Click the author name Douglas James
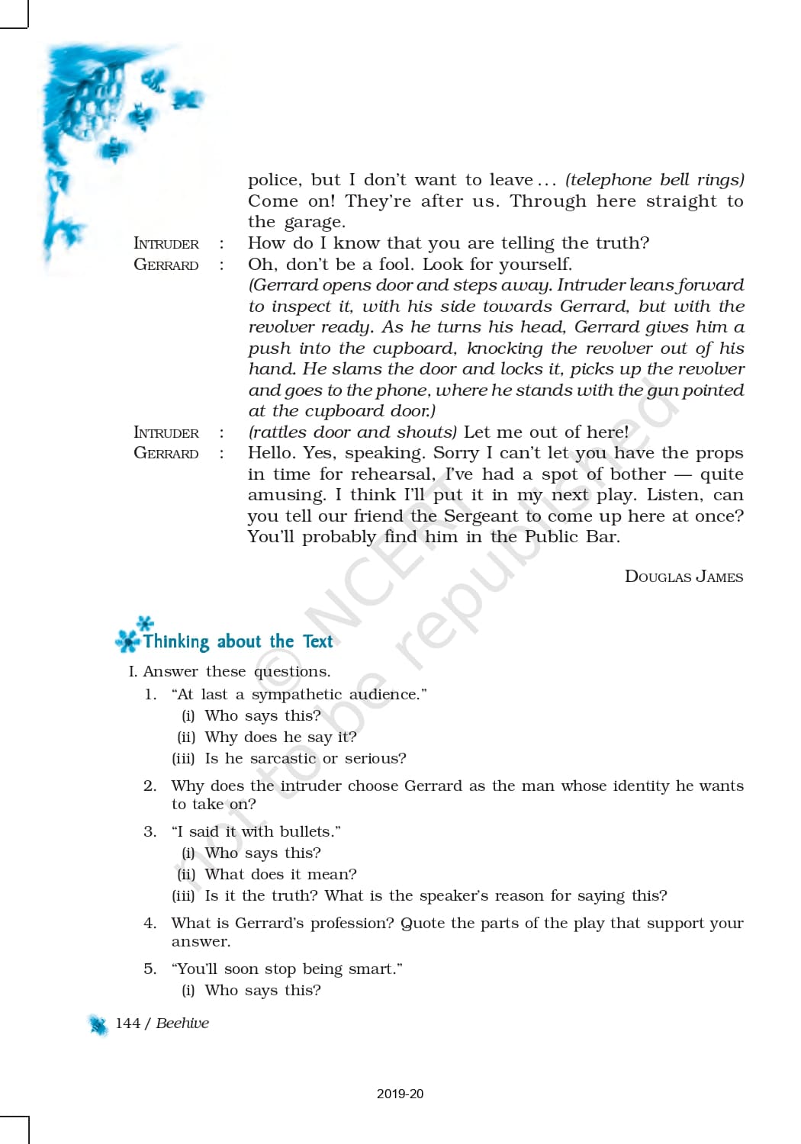coord(684,577)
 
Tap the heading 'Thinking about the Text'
coord(237,641)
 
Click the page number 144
coord(127,1023)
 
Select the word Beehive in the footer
coord(182,1023)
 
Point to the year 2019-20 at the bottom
coord(400,1094)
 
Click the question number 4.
coord(150,924)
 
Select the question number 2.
coord(150,786)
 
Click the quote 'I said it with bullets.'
coord(256,832)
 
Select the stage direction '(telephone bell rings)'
coord(654,180)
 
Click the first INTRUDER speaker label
coord(166,244)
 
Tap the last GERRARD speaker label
coord(166,453)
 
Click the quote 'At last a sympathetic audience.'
coord(299,695)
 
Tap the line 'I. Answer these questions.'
coord(229,672)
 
